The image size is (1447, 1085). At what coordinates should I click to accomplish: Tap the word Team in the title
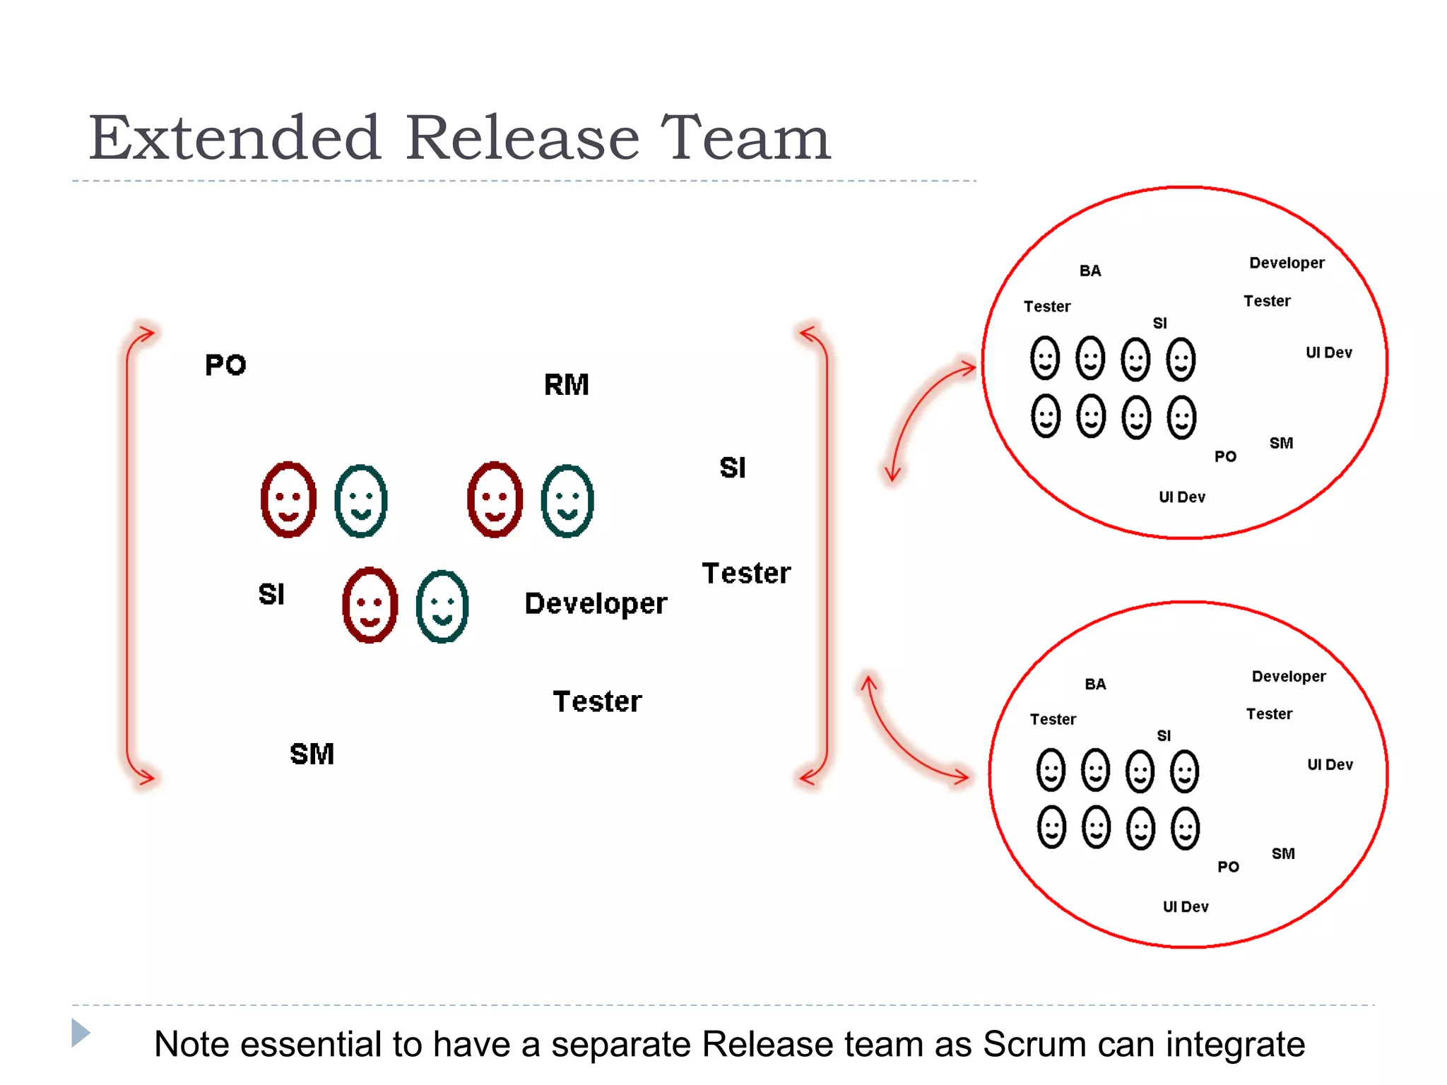click(x=745, y=138)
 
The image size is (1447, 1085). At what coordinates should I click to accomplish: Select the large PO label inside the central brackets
click(x=225, y=365)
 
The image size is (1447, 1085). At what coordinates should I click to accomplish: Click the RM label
click(x=566, y=385)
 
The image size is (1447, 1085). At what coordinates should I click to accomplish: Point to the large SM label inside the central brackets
click(x=312, y=754)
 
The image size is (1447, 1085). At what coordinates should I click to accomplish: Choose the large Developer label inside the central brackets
click(x=596, y=604)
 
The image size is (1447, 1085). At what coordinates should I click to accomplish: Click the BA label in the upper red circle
click(x=1090, y=271)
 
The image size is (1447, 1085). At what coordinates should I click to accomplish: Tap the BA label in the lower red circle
click(x=1095, y=684)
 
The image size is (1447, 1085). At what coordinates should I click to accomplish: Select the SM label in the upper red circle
click(x=1281, y=443)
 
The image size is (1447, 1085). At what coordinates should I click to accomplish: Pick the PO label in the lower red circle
click(x=1228, y=867)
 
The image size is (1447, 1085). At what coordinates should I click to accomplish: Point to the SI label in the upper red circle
click(x=1159, y=323)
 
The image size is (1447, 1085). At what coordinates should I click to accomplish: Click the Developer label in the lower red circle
click(x=1289, y=676)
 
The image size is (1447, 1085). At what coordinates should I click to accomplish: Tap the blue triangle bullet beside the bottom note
click(x=81, y=1033)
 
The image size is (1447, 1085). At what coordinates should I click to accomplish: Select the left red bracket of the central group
click(x=129, y=555)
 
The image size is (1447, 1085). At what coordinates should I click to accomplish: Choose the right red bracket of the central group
click(x=825, y=555)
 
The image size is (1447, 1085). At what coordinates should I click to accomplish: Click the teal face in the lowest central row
click(x=442, y=606)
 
